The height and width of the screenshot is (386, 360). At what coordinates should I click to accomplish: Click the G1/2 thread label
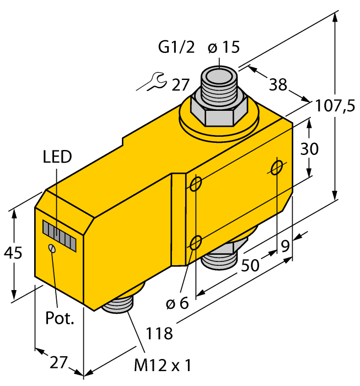coord(176,48)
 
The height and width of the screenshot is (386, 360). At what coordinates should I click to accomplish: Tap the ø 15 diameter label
coord(224,48)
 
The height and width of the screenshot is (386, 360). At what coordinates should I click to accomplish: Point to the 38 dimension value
coord(278,84)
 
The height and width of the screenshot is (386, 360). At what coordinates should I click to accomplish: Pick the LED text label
coord(57,157)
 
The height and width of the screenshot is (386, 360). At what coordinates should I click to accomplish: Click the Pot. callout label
coord(60,318)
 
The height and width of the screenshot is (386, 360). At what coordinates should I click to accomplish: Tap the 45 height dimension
coord(14,254)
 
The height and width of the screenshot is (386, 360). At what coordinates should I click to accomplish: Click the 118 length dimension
coord(159,333)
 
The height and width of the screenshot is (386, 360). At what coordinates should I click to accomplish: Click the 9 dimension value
coord(285,246)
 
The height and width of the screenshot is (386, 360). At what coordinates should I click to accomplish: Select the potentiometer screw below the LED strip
coord(52,249)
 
